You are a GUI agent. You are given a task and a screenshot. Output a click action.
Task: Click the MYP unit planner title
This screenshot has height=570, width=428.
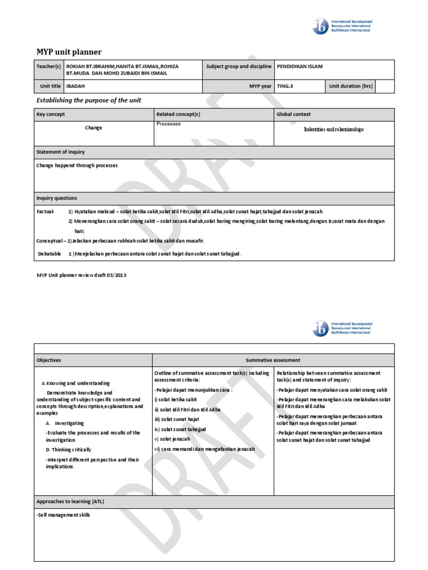69,52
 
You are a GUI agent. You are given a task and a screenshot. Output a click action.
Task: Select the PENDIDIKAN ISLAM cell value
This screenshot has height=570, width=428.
300,66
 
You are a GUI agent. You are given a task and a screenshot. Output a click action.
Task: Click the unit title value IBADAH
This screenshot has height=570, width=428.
76,86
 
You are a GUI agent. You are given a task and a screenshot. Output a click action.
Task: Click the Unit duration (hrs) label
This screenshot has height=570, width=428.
351,86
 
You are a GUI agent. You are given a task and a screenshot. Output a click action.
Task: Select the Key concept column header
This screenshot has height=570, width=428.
51,114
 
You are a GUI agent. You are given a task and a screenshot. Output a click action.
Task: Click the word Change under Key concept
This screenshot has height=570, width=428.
94,127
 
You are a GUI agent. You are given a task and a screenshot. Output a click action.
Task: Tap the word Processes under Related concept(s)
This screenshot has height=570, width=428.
169,124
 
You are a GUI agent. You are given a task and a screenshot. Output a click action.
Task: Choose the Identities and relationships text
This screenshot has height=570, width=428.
334,129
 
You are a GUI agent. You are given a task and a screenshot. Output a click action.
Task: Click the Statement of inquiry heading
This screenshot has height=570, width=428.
61,152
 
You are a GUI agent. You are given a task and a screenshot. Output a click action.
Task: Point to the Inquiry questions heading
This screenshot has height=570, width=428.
57,198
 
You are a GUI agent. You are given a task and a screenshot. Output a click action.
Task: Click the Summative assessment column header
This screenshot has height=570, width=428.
273,360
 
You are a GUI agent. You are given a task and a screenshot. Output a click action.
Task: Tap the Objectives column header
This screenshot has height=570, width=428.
49,360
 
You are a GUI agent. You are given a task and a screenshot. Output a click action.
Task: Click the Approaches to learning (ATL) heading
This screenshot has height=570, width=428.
70,502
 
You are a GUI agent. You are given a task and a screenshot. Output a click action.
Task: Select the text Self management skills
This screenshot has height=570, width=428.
63,515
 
